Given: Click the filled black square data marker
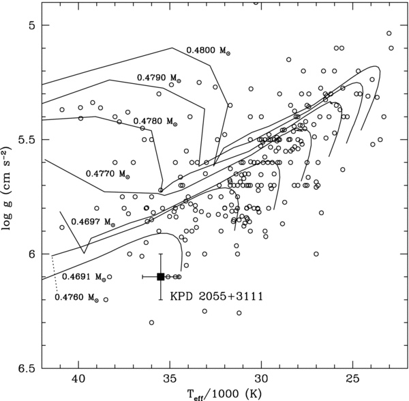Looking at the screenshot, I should (160, 276).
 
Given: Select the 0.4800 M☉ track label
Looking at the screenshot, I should (208, 51).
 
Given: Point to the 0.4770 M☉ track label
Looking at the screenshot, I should (108, 174).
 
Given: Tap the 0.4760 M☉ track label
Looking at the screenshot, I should (77, 297).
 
